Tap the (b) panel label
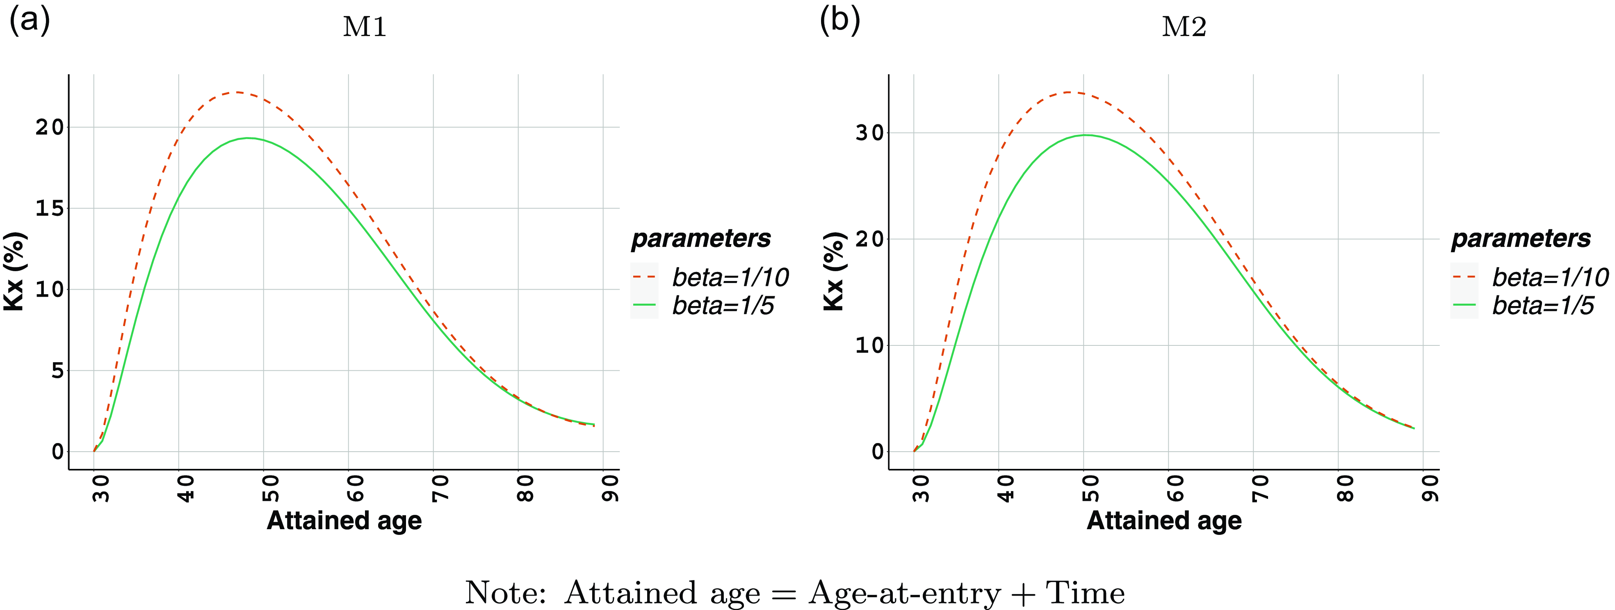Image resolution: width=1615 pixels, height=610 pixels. [839, 20]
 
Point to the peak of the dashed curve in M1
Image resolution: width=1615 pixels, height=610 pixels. [237, 93]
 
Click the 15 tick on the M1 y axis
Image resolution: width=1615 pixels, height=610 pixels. [50, 208]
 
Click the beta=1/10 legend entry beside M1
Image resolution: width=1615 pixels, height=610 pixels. [730, 277]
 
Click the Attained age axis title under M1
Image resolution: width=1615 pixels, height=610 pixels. [344, 520]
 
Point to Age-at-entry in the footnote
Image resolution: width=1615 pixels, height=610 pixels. [905, 592]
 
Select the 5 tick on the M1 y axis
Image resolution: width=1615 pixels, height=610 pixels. [58, 370]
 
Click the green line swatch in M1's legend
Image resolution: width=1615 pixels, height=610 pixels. [644, 305]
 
